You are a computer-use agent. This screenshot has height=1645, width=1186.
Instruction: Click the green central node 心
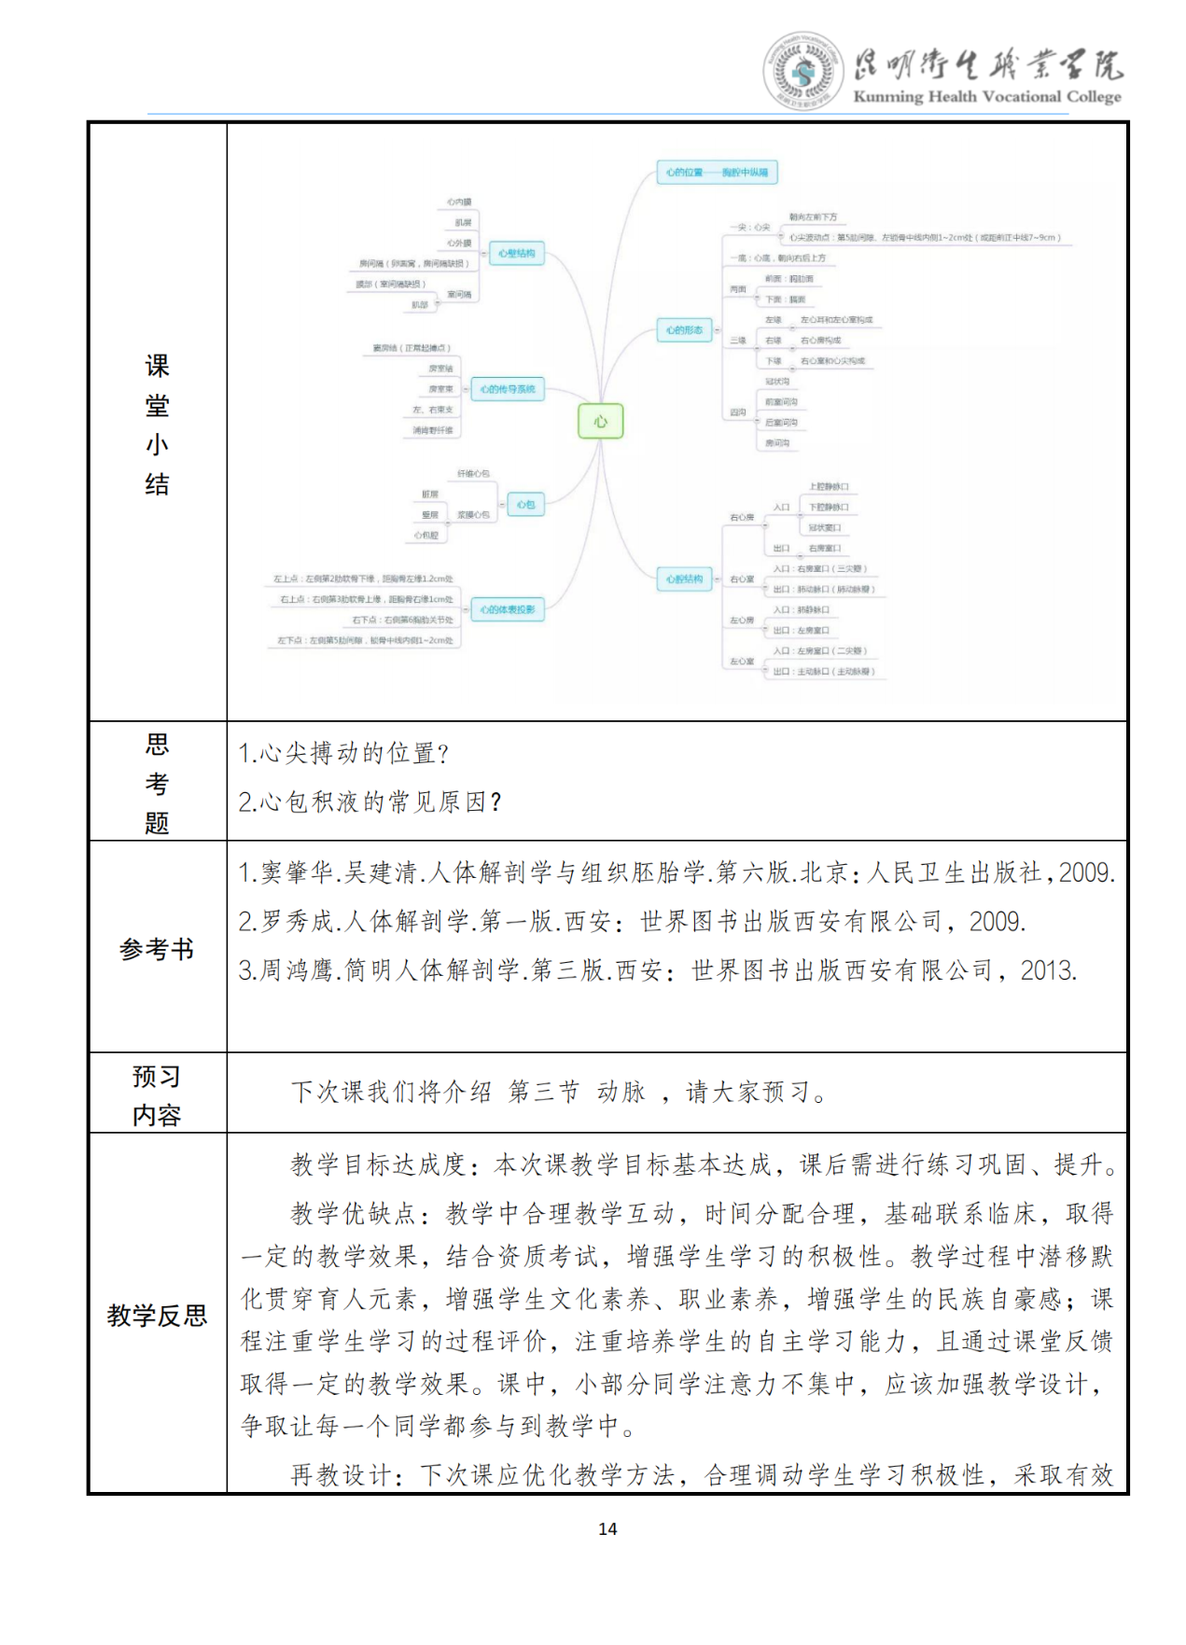point(600,422)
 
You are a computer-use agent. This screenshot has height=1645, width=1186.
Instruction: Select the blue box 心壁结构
point(516,254)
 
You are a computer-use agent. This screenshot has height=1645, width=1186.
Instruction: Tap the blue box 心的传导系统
point(508,389)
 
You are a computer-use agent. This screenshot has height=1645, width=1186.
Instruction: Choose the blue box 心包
point(525,505)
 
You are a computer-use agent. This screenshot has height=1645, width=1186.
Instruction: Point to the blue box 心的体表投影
point(508,610)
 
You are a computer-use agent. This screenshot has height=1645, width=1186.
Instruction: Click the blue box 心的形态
point(684,330)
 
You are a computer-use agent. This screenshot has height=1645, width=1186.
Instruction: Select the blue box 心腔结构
point(684,579)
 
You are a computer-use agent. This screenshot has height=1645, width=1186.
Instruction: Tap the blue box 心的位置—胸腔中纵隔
point(717,173)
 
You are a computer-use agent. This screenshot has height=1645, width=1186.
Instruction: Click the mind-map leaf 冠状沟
point(776,382)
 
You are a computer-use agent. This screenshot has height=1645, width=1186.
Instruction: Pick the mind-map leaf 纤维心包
point(473,474)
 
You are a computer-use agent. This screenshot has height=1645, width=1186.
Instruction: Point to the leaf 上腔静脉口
point(829,487)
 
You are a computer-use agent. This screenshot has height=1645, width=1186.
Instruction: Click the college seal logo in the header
point(802,70)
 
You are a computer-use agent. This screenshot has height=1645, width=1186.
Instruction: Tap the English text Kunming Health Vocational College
point(986,97)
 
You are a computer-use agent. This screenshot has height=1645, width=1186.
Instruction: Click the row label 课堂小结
point(157,425)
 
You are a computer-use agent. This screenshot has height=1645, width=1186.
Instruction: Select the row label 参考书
point(157,950)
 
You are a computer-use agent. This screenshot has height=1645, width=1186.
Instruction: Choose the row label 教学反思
point(157,1316)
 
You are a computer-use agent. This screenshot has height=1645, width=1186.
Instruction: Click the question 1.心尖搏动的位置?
point(343,753)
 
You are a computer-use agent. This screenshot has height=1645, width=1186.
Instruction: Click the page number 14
point(607,1528)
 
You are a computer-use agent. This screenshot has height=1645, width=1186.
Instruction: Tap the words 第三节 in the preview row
point(543,1092)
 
